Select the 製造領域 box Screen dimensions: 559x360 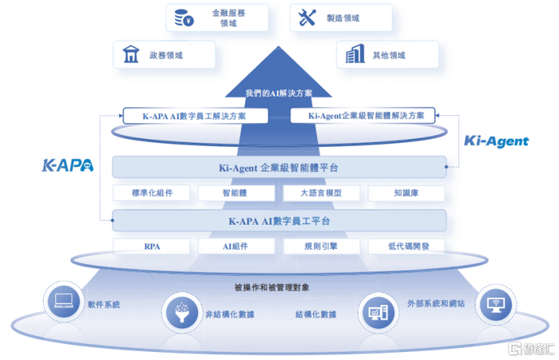click(x=342, y=18)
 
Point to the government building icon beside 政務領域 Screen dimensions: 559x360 click(x=130, y=55)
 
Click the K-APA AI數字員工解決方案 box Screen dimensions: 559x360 click(x=194, y=116)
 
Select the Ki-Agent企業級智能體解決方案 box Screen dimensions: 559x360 click(x=363, y=116)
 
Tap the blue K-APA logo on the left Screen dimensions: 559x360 click(x=67, y=166)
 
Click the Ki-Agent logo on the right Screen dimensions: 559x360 click(x=497, y=141)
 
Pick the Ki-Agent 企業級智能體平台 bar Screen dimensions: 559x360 click(x=279, y=168)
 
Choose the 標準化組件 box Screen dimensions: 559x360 click(x=152, y=192)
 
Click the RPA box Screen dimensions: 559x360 click(x=152, y=247)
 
